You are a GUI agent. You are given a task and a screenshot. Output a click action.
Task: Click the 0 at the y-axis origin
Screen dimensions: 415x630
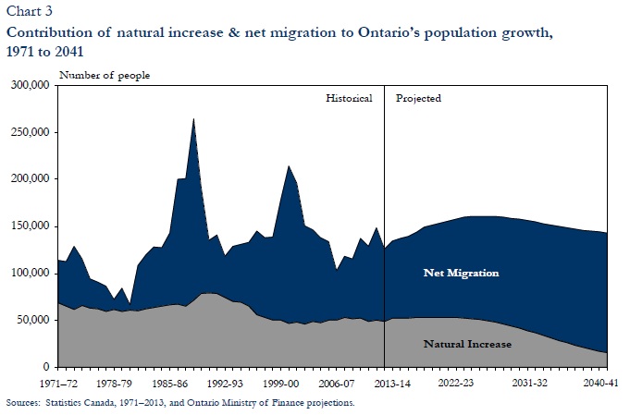tap(48, 367)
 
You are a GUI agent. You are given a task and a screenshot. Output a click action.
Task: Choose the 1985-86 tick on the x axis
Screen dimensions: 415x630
tap(173, 381)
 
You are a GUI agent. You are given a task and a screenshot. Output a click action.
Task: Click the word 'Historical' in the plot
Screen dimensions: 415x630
tap(349, 98)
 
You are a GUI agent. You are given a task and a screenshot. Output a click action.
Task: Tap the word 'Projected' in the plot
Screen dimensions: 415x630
tap(418, 98)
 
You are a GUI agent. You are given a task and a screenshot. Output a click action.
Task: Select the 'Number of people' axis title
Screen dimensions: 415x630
tap(104, 74)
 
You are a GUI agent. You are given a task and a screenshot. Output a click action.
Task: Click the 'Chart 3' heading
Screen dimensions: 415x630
tap(26, 11)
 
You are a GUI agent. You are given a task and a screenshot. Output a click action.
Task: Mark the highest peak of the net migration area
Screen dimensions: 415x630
tap(193, 119)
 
